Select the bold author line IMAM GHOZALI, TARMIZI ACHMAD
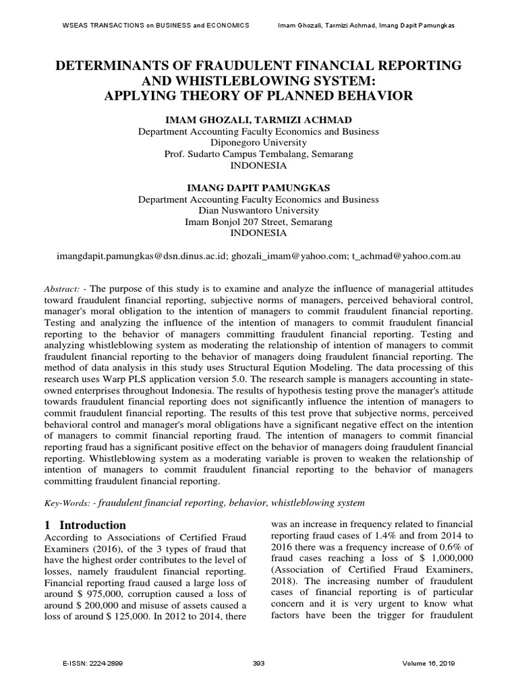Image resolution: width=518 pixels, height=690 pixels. point(258,119)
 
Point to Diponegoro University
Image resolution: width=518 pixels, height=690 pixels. point(258,143)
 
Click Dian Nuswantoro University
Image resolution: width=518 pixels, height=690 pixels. point(258,210)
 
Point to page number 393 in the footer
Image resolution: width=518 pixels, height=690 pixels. point(258,664)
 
